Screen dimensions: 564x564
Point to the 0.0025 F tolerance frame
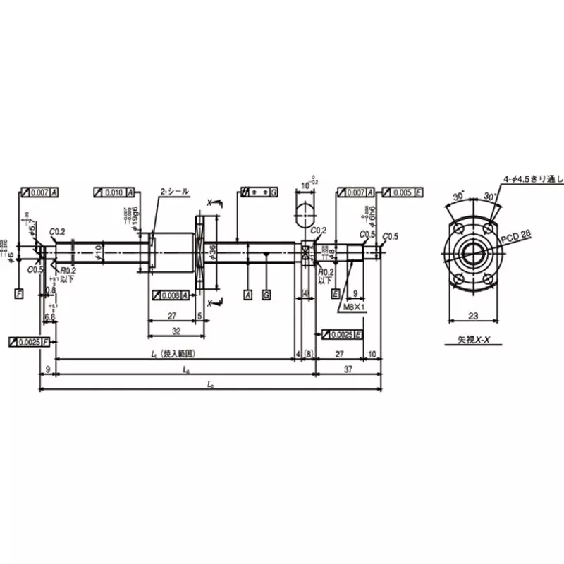pyautogui.click(x=29, y=341)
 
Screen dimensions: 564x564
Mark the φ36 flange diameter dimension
pyautogui.click(x=212, y=247)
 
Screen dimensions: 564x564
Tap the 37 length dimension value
pyautogui.click(x=348, y=369)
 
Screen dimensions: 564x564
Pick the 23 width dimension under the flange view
pyautogui.click(x=473, y=317)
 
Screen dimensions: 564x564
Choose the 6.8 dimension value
pyautogui.click(x=50, y=317)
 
